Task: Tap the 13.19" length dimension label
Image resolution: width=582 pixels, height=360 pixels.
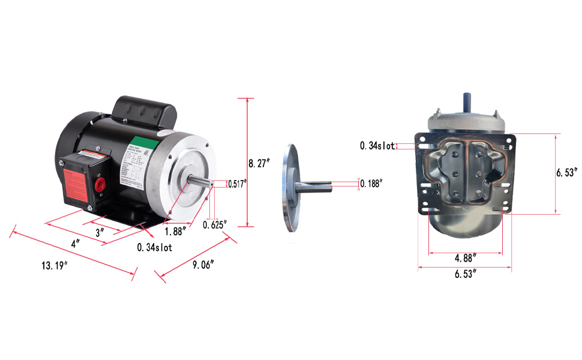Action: pos(53,266)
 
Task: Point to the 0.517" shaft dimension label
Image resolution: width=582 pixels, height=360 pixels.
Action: pos(238,184)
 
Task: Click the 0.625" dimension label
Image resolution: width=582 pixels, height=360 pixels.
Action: pos(215,225)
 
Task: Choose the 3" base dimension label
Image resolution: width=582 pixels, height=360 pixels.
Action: pos(100,231)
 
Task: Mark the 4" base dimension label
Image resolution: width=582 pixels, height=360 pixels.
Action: pos(76,244)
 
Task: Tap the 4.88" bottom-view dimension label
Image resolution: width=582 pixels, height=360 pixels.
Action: pos(466,258)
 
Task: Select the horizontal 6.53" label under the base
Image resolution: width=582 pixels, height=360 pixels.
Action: pos(466,274)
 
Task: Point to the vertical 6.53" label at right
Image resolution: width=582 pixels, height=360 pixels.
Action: pos(568,172)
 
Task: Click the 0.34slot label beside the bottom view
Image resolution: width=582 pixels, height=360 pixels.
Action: pos(377,146)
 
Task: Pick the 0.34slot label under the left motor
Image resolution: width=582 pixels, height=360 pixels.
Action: pos(154,247)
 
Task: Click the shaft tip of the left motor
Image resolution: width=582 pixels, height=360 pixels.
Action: pos(211,182)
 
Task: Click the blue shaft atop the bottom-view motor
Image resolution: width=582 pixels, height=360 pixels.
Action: pos(466,101)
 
